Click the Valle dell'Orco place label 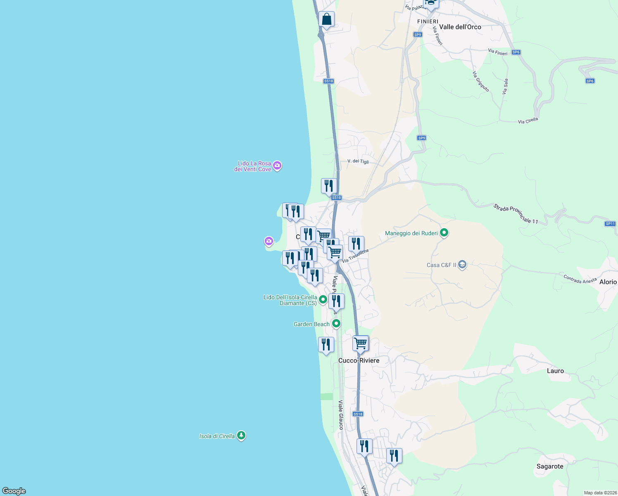[x=460, y=27]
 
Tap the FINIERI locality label [x=427, y=21]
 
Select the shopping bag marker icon [x=326, y=19]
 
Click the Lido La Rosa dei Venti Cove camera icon [x=278, y=166]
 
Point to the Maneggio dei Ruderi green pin [x=444, y=233]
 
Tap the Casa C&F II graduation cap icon [x=462, y=265]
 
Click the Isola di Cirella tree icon [x=241, y=436]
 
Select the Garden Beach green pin [x=336, y=324]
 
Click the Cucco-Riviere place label [x=359, y=360]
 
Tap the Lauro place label [x=555, y=371]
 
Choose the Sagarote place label [x=550, y=466]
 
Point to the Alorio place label [x=608, y=282]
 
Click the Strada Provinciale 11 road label [x=516, y=214]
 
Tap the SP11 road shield [x=610, y=224]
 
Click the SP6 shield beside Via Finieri [x=516, y=52]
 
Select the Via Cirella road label [x=528, y=121]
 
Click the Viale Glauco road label [x=341, y=415]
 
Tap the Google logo [x=14, y=491]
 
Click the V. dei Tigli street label [x=358, y=161]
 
